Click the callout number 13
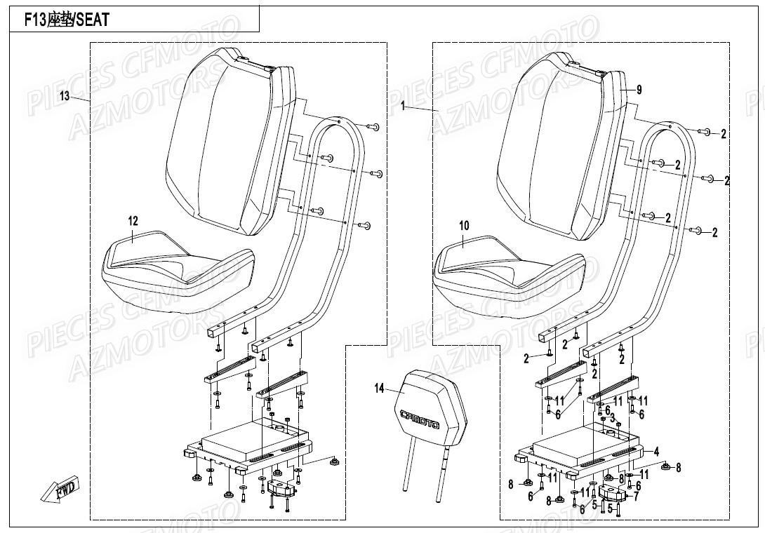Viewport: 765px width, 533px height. tap(65, 96)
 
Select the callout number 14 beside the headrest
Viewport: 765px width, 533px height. tap(380, 387)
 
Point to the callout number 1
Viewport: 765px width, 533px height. tap(404, 106)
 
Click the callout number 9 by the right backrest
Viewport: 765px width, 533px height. tap(639, 90)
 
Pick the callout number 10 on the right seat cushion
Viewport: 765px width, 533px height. tap(463, 225)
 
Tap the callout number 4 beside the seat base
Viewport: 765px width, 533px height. tap(656, 451)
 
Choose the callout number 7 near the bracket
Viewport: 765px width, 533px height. tap(636, 496)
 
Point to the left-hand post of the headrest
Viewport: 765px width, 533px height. tap(404, 471)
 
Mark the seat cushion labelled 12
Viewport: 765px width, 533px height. tap(175, 270)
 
